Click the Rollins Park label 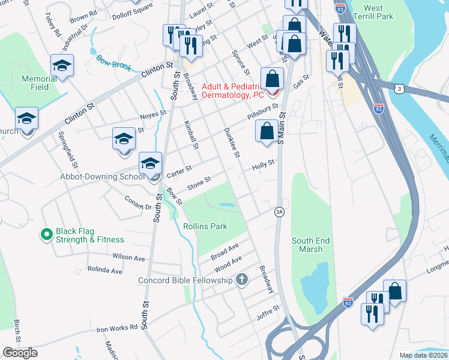[x=205, y=226]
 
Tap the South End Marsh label [x=310, y=245]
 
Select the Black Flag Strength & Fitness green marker [x=46, y=235]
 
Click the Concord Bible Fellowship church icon [x=241, y=280]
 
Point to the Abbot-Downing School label [x=101, y=176]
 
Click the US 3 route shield [x=399, y=88]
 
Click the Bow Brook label [x=113, y=62]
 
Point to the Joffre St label [x=268, y=308]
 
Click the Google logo [x=20, y=353]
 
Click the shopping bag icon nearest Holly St [x=266, y=130]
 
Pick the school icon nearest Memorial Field [x=62, y=66]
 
